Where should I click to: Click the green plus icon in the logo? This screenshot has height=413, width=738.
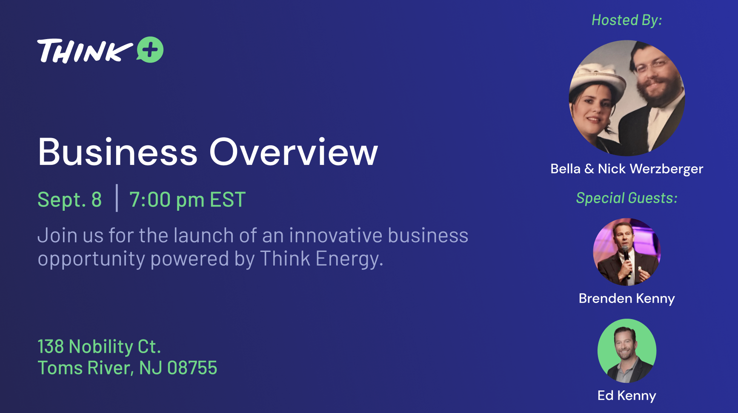(x=150, y=50)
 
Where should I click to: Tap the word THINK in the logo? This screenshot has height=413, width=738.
(x=85, y=51)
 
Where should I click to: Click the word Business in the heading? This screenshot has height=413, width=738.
(x=118, y=152)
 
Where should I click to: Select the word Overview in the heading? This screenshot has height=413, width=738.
(x=293, y=152)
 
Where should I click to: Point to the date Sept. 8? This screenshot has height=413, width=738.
(x=70, y=200)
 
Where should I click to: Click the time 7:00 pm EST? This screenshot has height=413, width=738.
(x=187, y=200)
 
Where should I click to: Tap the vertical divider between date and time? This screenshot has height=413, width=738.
(x=117, y=198)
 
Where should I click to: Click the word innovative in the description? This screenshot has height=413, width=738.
(x=335, y=235)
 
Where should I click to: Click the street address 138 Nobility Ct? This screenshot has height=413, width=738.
(x=99, y=347)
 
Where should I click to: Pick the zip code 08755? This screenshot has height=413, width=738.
(x=192, y=368)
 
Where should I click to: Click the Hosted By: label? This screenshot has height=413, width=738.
(x=627, y=20)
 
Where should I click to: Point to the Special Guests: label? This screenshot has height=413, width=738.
(x=627, y=198)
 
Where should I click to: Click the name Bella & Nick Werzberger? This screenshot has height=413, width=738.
(x=627, y=169)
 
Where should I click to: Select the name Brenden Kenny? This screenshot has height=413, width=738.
(x=627, y=298)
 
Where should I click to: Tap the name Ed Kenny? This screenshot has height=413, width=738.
(x=627, y=396)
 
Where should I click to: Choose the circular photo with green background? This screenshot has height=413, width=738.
(x=627, y=351)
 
